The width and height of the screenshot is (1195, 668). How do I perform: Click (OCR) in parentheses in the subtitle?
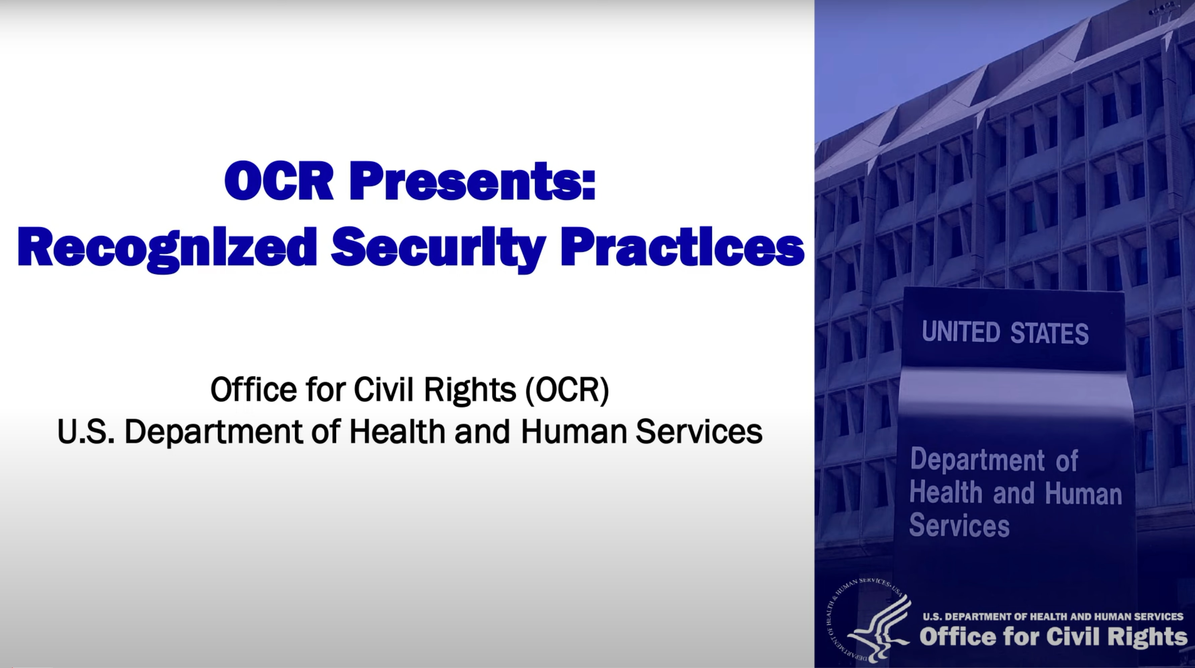point(567,390)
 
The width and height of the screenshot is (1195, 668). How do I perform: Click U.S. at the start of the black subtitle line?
point(85,431)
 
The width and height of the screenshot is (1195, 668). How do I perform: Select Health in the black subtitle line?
point(397,431)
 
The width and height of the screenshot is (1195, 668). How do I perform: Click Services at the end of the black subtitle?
point(699,431)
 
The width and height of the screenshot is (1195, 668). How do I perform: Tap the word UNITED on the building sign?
point(960,332)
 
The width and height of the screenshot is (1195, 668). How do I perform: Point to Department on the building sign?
point(977,460)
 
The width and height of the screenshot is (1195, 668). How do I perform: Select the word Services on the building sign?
point(959,526)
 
